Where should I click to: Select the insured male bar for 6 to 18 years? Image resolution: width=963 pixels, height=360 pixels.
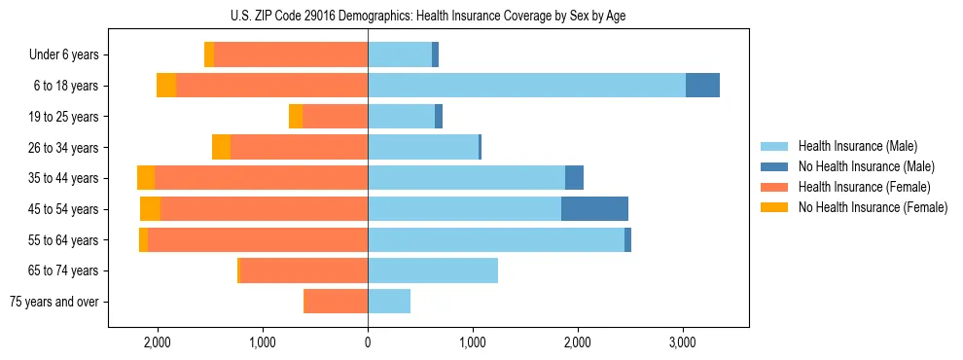tap(526, 86)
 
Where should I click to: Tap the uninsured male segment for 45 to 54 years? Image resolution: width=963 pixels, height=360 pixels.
tap(594, 208)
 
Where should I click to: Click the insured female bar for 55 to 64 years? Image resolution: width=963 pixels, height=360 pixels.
tap(258, 239)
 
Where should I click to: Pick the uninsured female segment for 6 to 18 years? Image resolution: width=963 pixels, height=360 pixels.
tap(166, 86)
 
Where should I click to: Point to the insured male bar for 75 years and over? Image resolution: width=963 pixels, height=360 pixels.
tap(389, 302)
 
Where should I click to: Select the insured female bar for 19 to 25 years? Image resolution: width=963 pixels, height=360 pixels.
tap(335, 117)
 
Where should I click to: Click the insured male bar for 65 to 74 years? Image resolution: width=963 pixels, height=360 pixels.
tap(433, 270)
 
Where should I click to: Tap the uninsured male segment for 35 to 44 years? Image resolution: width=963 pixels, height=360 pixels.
tap(574, 178)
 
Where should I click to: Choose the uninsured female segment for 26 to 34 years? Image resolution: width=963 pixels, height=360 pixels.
tap(221, 147)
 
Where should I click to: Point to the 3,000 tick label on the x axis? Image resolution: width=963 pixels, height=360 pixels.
tap(683, 343)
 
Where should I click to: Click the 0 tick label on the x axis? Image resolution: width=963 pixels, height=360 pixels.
tap(368, 343)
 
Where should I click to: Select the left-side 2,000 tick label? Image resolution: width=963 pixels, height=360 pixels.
tap(158, 343)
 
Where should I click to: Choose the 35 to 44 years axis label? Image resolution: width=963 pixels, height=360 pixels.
tap(63, 178)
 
